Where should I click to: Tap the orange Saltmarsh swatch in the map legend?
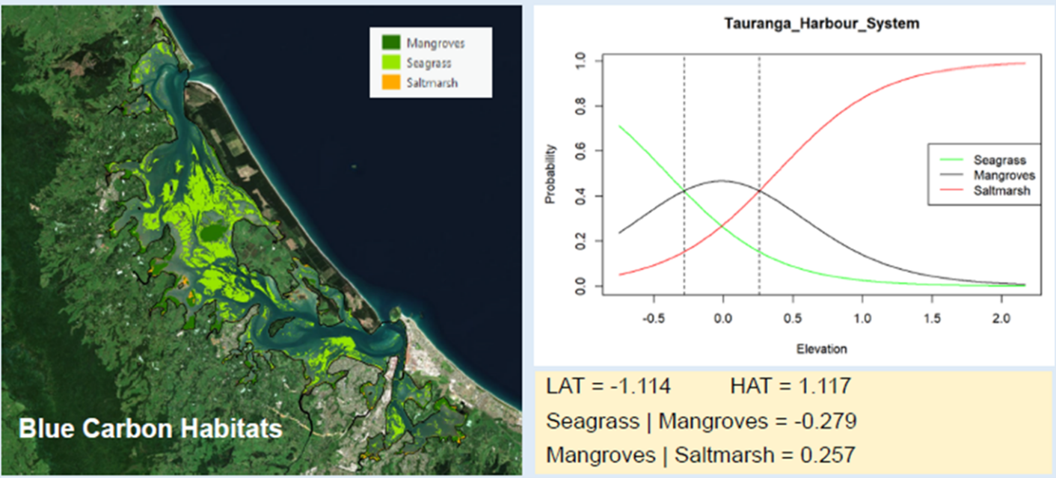391,82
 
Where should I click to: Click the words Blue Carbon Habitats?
150,429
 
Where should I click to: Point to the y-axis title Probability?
550,174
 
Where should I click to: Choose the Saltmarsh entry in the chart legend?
1002,191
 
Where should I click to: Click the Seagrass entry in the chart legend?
999,160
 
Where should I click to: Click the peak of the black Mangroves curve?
722,180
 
